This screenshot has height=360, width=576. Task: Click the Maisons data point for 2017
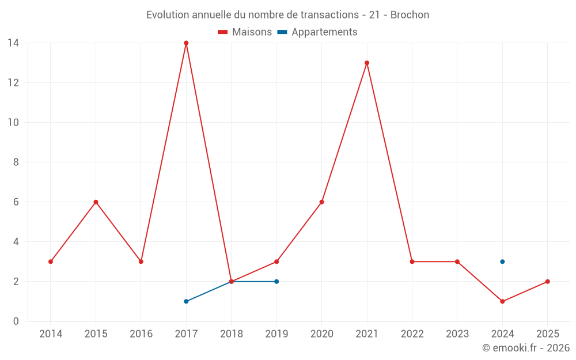(x=186, y=43)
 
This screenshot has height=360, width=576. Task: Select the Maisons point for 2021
(x=367, y=63)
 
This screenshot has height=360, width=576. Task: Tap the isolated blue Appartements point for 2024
(x=502, y=262)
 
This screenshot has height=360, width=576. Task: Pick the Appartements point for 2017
(x=186, y=301)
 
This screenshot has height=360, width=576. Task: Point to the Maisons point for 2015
(x=96, y=202)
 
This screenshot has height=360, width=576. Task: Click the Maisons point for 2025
(x=547, y=282)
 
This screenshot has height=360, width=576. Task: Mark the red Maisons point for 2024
(x=502, y=301)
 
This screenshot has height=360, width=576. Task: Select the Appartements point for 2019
(x=276, y=282)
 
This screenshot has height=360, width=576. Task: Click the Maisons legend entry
(x=245, y=32)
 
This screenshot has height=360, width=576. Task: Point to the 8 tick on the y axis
(x=16, y=162)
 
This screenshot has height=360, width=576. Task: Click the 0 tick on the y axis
(x=16, y=321)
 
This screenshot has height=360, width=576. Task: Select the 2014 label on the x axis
(x=51, y=334)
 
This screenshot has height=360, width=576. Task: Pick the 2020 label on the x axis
(x=321, y=334)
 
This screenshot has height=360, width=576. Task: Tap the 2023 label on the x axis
(x=457, y=334)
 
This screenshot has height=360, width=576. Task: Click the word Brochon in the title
(x=410, y=15)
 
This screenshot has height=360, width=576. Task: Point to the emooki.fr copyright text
(x=525, y=348)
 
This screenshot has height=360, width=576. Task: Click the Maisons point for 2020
(x=321, y=202)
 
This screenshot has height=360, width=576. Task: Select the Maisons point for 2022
(x=412, y=262)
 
